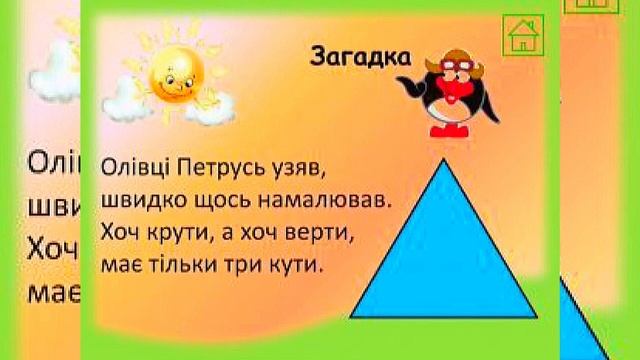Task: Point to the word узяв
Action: (301, 167)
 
